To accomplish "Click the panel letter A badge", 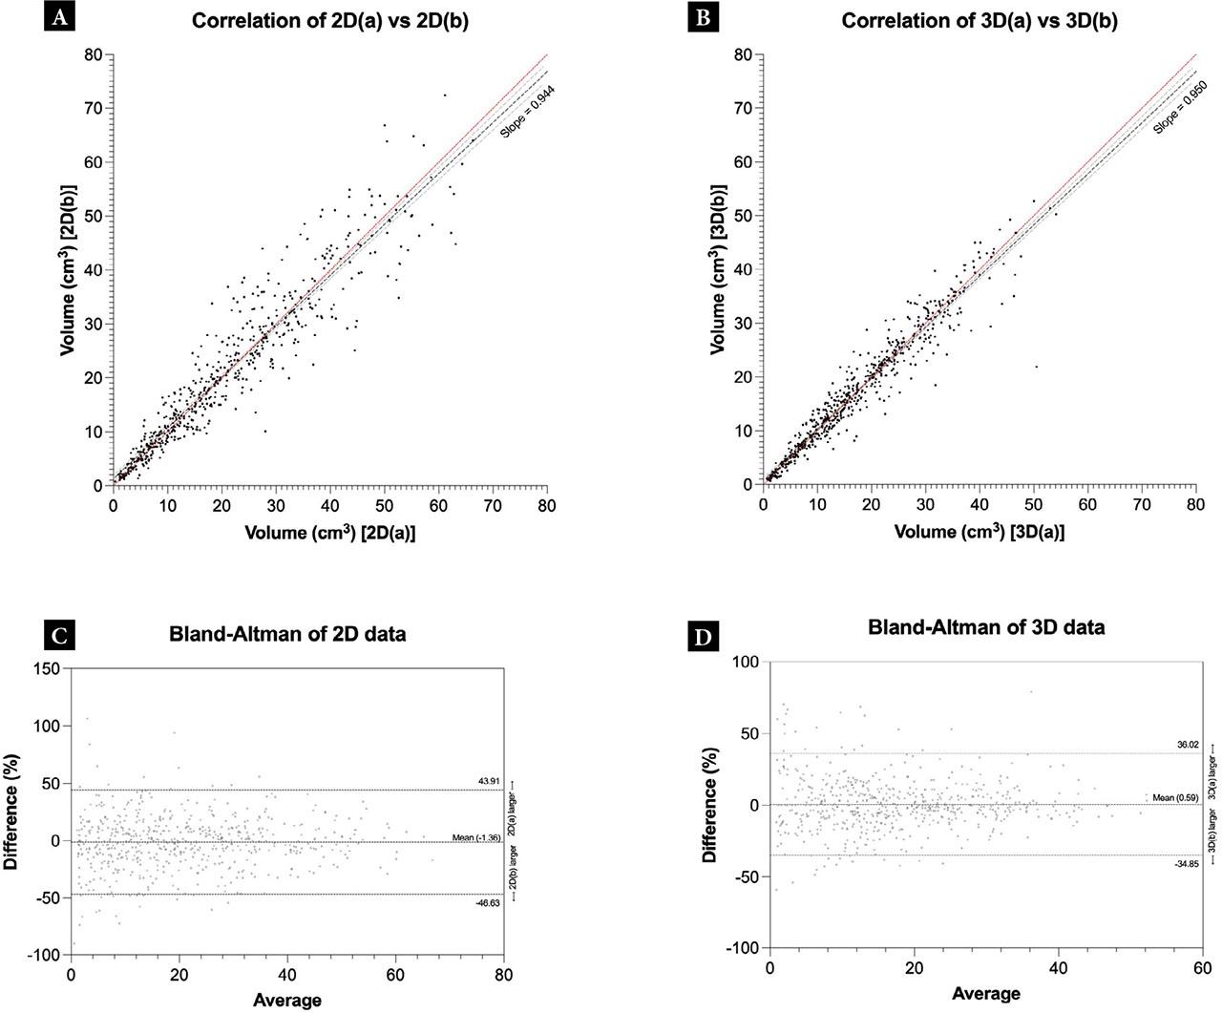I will [59, 19].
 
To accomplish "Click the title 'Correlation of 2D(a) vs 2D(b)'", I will [330, 20].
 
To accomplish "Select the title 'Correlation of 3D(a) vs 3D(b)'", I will [979, 20].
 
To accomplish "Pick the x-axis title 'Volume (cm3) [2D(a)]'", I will [330, 533].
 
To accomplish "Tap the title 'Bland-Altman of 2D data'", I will [287, 633].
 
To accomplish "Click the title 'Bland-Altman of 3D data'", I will [986, 627].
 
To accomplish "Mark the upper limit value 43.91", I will [490, 782].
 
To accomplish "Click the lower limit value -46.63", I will [488, 902].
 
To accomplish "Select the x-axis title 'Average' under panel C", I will [287, 1000].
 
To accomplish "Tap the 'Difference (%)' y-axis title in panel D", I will [708, 806].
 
